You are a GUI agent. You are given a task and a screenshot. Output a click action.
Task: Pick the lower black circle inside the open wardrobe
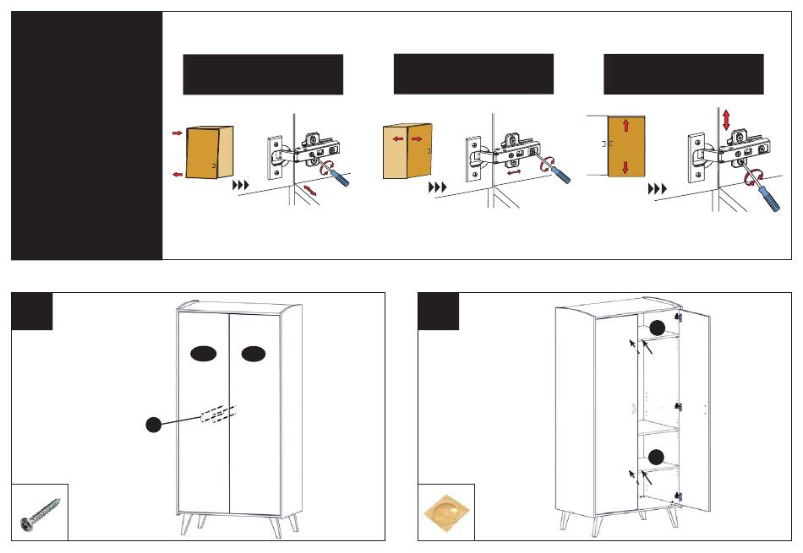[x=656, y=457]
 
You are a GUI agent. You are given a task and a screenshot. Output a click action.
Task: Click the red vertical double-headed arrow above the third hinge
[x=725, y=119]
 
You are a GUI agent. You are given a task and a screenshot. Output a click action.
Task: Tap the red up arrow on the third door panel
[x=625, y=126]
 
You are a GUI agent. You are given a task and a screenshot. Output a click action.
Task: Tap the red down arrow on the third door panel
[x=625, y=165]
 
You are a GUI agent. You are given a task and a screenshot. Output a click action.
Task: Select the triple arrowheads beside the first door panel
[x=242, y=183]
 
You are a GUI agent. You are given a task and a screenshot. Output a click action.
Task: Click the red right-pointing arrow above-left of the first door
[x=176, y=133]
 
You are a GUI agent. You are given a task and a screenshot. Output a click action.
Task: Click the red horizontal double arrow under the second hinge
[x=512, y=172]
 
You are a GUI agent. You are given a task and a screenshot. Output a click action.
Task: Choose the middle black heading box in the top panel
[x=473, y=74]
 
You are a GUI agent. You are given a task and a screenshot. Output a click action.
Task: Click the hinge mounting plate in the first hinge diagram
[x=276, y=157]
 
